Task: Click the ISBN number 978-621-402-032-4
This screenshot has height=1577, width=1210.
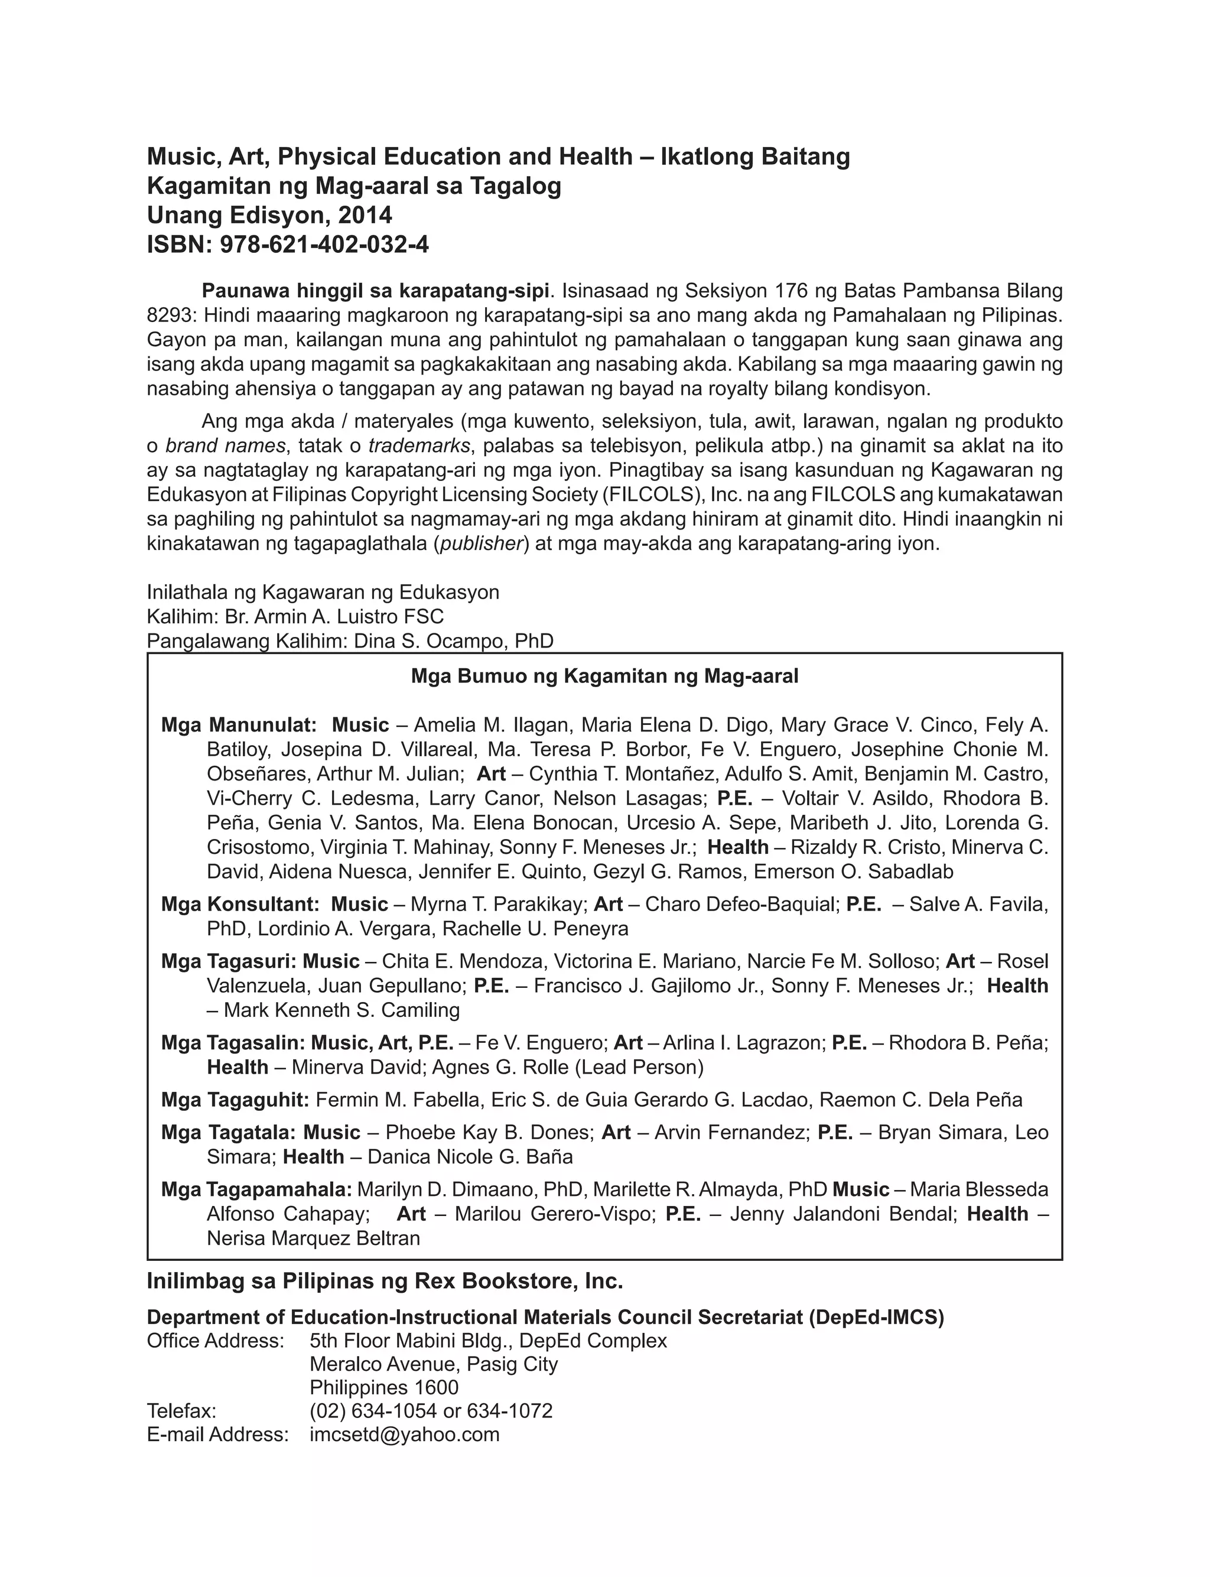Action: coord(324,245)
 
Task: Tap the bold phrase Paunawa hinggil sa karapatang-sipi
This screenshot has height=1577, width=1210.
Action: coord(375,291)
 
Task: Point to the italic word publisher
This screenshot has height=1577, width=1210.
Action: coord(481,544)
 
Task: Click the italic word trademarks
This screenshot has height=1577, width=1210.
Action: coord(419,446)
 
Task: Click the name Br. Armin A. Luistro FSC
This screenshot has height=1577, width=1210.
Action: coord(334,617)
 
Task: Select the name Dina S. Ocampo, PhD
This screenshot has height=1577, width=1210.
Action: coord(453,641)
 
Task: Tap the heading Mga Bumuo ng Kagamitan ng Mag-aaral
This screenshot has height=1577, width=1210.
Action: coord(604,676)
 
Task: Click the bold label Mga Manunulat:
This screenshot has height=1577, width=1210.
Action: coord(239,725)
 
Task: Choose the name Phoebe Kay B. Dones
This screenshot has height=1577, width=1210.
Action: coord(489,1133)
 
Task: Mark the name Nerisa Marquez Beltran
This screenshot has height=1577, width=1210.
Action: coord(313,1238)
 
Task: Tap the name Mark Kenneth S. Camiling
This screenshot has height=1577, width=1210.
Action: coord(341,1010)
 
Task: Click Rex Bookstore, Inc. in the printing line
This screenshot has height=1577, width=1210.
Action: coord(542,1282)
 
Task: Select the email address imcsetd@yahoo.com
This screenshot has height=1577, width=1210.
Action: coord(404,1435)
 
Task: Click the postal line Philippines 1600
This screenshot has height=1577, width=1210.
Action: coord(384,1387)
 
